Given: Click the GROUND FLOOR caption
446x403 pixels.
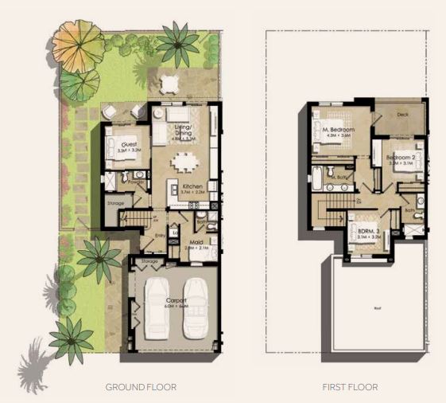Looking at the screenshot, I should [141, 387].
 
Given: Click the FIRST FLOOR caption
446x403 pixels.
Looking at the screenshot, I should [350, 387].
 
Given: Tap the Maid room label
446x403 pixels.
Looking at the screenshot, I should [196, 244].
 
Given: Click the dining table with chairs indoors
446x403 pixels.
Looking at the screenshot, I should [184, 161].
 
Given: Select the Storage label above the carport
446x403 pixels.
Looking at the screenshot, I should [149, 261].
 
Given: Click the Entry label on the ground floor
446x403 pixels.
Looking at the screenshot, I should [159, 235].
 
